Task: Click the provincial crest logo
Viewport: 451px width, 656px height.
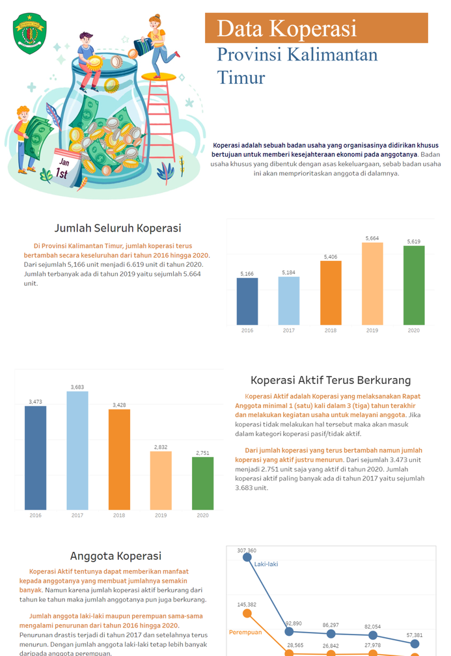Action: coord(29,33)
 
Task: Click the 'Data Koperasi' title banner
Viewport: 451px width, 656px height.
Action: coord(316,28)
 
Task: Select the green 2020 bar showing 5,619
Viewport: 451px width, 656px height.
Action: coord(414,285)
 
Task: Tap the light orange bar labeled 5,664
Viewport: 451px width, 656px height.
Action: coord(372,284)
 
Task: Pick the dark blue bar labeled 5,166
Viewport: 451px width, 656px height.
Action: coord(247,301)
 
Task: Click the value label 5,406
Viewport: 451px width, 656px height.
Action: coord(331,257)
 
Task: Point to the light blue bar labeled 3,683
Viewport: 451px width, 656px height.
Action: coord(77,450)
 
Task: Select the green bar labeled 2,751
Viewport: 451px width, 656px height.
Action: coord(202,484)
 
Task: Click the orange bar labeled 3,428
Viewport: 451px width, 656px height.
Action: coord(119,459)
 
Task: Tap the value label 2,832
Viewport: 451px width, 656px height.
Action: coord(161,447)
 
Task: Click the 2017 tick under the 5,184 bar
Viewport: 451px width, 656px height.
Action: coord(289,331)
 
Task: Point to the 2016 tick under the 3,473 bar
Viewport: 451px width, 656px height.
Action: coord(36,515)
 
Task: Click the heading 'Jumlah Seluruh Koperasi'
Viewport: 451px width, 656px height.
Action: coord(118,228)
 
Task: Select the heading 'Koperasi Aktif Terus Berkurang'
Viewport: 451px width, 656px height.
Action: coord(331,380)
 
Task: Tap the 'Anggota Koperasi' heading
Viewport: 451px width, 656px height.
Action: coord(115,556)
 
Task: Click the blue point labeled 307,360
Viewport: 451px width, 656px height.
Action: coord(247,557)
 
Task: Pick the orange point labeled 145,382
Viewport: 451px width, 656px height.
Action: coord(247,613)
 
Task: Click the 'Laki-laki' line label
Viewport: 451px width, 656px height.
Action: coord(266,564)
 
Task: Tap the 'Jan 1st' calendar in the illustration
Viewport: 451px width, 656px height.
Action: coord(66,167)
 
